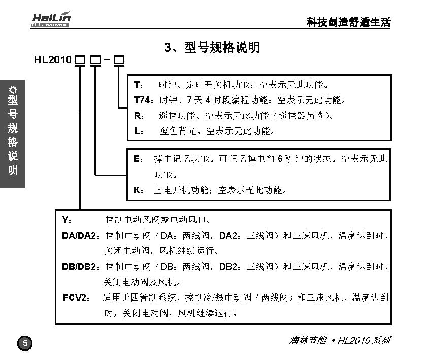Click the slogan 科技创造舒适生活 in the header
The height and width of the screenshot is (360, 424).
click(x=348, y=22)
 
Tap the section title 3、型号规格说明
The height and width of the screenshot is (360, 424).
click(x=212, y=48)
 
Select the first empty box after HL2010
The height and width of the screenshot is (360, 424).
click(x=80, y=60)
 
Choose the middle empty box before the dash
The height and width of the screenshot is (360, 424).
click(x=95, y=60)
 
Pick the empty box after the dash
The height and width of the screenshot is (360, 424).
click(x=119, y=60)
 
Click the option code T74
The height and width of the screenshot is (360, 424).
click(x=144, y=100)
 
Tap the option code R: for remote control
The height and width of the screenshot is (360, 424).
click(x=139, y=115)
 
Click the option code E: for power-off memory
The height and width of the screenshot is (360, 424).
click(x=138, y=159)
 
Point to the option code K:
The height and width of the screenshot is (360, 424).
click(x=138, y=191)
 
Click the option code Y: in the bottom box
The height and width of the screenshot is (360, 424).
click(x=67, y=220)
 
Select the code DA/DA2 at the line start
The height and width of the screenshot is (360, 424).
click(x=81, y=236)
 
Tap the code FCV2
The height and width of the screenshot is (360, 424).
click(x=77, y=297)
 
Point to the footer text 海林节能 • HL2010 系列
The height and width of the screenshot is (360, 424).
click(x=339, y=340)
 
